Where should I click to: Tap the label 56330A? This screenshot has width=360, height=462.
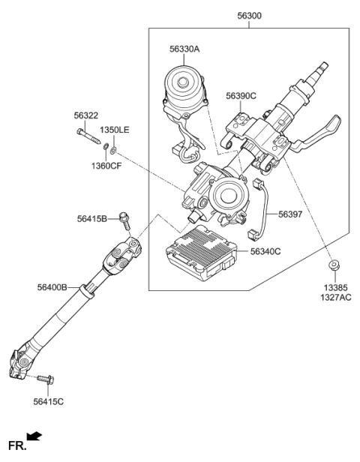pos(184,49)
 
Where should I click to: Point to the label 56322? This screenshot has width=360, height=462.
pos(85,115)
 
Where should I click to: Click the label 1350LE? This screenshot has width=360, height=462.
pos(115,130)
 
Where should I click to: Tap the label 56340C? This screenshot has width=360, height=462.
pos(264,253)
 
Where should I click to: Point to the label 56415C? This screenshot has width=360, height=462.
pos(49,402)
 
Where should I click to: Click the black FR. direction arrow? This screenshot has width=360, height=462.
pos(34,435)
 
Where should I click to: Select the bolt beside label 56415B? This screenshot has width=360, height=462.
pos(124,218)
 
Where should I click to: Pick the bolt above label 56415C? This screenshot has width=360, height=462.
pos(46,380)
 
